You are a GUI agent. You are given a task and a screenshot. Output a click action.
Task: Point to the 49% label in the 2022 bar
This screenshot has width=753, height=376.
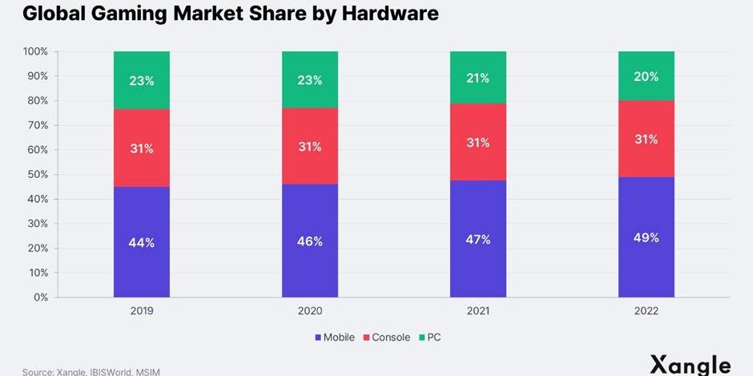pyautogui.click(x=646, y=237)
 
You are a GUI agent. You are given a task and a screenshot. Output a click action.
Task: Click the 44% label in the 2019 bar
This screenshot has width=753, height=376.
pyautogui.click(x=141, y=241)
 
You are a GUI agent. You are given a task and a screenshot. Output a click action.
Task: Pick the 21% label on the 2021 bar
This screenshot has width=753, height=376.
pyautogui.click(x=477, y=78)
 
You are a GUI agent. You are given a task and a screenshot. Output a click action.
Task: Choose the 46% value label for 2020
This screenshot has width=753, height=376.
pyautogui.click(x=309, y=241)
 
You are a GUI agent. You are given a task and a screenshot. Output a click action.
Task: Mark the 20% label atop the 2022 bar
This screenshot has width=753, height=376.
pyautogui.click(x=646, y=77)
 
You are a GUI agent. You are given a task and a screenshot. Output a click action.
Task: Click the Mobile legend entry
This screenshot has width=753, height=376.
pyautogui.click(x=334, y=338)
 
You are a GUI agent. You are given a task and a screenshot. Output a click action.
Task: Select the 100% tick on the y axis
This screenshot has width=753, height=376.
pyautogui.click(x=36, y=51)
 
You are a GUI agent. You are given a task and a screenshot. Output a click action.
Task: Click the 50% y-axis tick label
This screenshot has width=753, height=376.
pyautogui.click(x=38, y=174)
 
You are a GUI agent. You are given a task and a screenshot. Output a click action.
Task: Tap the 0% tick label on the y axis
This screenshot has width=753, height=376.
pyautogui.click(x=42, y=297)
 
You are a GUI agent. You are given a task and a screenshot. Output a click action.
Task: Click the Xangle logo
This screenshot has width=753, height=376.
pyautogui.click(x=690, y=364)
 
